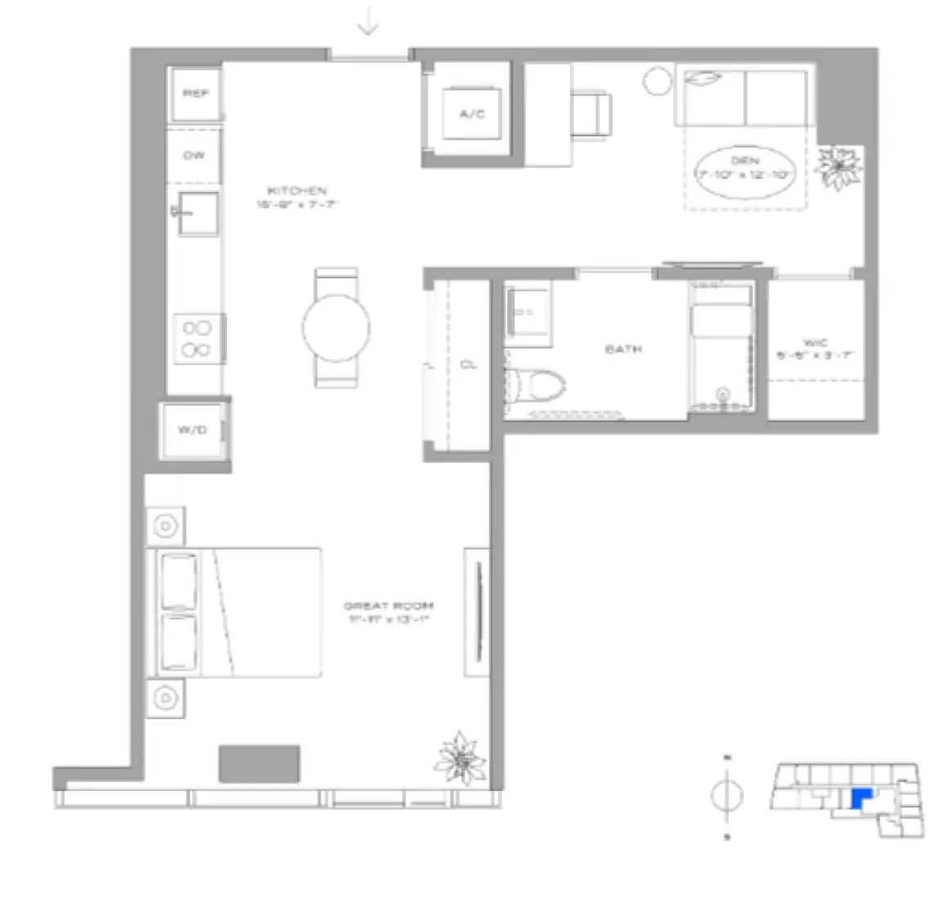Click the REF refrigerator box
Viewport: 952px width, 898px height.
pyautogui.click(x=195, y=94)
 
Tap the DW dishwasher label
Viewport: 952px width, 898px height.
pyautogui.click(x=194, y=155)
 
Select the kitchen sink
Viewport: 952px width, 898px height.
pyautogui.click(x=198, y=214)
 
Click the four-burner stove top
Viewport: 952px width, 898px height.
pyautogui.click(x=198, y=339)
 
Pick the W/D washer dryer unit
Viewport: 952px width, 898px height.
pyautogui.click(x=193, y=430)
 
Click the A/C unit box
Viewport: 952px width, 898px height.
pyautogui.click(x=472, y=114)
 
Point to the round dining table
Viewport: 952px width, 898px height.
pyautogui.click(x=336, y=327)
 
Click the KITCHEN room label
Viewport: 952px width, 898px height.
pyautogui.click(x=296, y=190)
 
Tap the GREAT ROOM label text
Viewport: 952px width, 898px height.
pyautogui.click(x=388, y=606)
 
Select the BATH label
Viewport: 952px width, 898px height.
pyautogui.click(x=623, y=349)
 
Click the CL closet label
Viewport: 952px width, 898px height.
pyautogui.click(x=469, y=365)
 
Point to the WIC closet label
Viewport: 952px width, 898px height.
pyautogui.click(x=815, y=343)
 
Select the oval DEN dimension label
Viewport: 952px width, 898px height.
pyautogui.click(x=745, y=169)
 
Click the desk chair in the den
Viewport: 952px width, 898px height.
pyautogui.click(x=591, y=113)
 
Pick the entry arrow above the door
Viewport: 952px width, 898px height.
pyautogui.click(x=368, y=25)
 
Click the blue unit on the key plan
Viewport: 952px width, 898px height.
pyautogui.click(x=860, y=798)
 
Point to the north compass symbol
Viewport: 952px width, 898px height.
pyautogui.click(x=727, y=795)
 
